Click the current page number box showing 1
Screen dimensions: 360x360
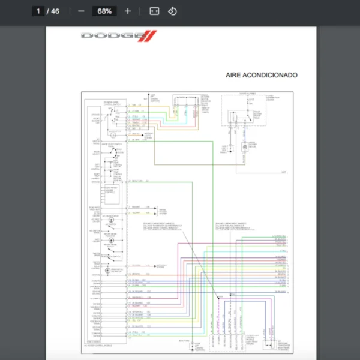tap(38, 11)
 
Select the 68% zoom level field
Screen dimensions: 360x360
tap(104, 11)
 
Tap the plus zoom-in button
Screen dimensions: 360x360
tap(127, 11)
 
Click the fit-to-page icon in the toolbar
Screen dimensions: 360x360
tap(154, 11)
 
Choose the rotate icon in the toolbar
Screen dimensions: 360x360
tap(172, 11)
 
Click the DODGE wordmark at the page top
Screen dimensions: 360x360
tap(110, 36)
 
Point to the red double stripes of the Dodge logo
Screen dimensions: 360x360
tap(146, 36)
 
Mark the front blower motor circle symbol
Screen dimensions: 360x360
tap(244, 147)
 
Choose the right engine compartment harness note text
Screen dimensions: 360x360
tap(233, 226)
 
